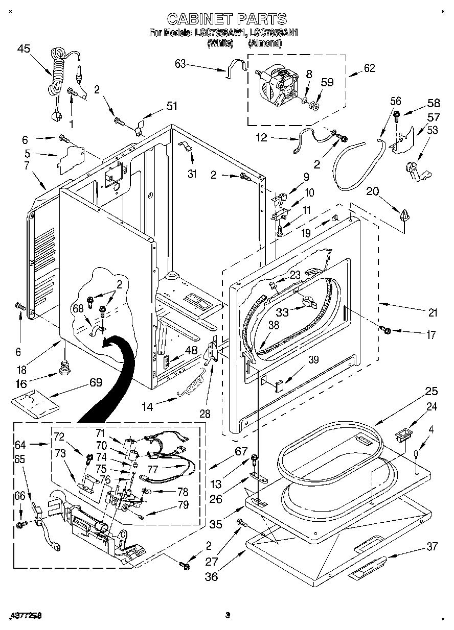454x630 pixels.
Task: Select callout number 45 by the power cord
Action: point(23,49)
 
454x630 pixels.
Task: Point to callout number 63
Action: point(180,64)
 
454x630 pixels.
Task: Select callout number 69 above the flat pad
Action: point(95,382)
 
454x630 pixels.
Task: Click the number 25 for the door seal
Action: point(432,392)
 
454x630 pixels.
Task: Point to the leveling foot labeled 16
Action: point(65,368)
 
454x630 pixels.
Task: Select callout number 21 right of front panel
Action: point(433,313)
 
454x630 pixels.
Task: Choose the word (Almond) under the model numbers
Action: point(265,43)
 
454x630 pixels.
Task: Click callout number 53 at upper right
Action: point(432,130)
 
